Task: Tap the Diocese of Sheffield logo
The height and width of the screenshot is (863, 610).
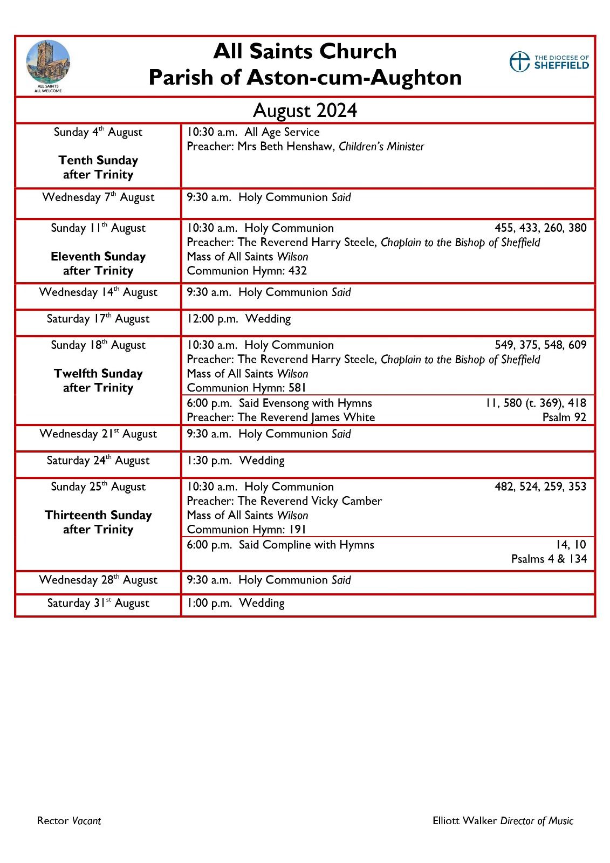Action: (549, 62)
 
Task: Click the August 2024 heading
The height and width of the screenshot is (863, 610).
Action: (305, 111)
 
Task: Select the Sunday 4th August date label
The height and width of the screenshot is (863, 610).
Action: (98, 132)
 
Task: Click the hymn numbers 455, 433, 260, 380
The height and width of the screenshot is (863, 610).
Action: (540, 228)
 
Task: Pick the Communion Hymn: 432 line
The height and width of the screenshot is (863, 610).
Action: (246, 271)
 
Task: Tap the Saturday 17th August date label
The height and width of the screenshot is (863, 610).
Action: (98, 319)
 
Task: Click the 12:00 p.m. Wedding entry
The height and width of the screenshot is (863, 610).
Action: (238, 319)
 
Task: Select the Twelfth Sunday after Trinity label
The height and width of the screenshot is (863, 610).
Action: (98, 380)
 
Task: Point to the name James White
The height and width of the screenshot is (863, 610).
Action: (344, 417)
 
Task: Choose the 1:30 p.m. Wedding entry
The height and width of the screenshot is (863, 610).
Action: (236, 461)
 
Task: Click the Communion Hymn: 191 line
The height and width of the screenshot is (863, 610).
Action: (246, 530)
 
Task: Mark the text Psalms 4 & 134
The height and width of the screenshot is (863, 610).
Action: (549, 559)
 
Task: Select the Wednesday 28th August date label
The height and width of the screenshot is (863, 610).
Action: (98, 580)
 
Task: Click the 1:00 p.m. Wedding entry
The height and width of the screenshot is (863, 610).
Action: (236, 603)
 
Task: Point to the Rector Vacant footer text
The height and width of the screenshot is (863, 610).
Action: (69, 821)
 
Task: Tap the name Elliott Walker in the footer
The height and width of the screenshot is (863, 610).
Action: (464, 821)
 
